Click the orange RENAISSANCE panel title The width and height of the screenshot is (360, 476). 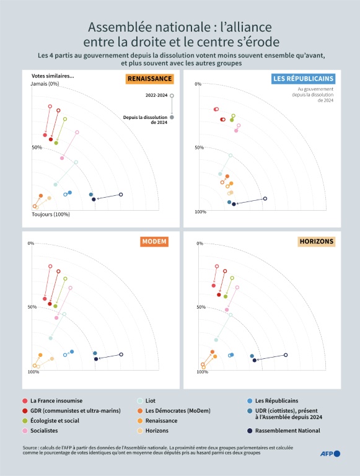pos(149,79)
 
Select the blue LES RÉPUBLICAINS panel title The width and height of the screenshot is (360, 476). pos(304,79)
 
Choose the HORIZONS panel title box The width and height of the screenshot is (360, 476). pos(316,241)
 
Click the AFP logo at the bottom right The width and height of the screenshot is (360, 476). pos(330,454)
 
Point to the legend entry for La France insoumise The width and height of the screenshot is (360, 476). pos(56,400)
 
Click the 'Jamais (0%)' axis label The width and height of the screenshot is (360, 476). pos(45,84)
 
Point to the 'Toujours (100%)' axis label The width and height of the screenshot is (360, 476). pos(51,214)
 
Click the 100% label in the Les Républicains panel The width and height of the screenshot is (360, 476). pos(200,212)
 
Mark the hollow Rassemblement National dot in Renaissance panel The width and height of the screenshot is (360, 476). pos(121,195)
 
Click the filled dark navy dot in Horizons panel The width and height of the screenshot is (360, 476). pos(255,359)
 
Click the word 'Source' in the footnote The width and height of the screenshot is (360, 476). pos(29,446)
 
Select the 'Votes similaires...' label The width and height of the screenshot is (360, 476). pos(53,76)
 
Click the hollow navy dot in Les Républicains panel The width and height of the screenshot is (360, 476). pos(265,198)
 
